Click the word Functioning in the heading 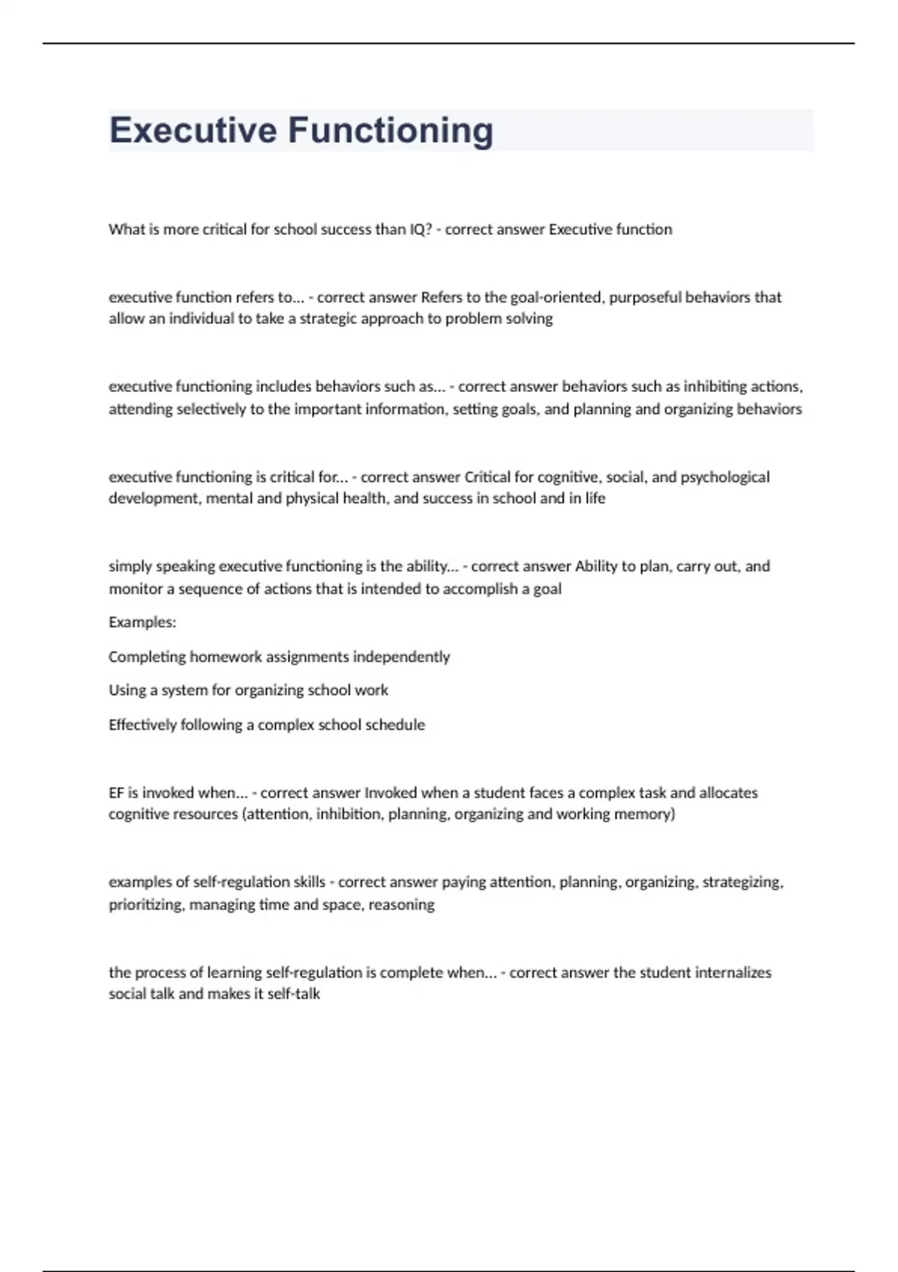click(x=391, y=131)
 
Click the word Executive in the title click(x=193, y=130)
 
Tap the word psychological click(x=725, y=477)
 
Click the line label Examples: click(x=142, y=623)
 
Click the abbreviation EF click(x=116, y=793)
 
